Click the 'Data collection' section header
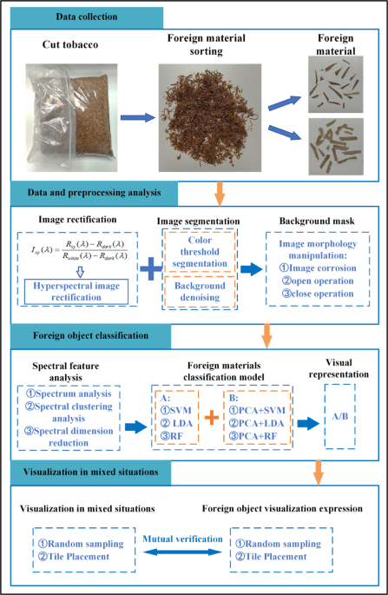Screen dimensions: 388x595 [87, 17]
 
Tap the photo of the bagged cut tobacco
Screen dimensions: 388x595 [71, 118]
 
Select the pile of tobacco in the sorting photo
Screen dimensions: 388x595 [210, 118]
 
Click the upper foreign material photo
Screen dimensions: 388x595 [335, 84]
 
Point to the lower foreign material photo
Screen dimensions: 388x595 [336, 147]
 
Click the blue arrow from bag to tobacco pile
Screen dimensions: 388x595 [138, 117]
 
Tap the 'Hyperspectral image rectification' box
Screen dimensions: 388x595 [76, 292]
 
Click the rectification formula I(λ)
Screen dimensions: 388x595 [79, 249]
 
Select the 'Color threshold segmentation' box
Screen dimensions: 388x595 [200, 252]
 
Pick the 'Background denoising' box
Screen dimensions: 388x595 [200, 292]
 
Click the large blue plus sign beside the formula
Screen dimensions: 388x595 [151, 268]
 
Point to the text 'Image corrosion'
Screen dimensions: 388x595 [322, 268]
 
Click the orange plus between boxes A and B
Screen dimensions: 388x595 [212, 418]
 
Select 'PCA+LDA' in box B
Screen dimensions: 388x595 [256, 423]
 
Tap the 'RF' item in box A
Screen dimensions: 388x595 [172, 436]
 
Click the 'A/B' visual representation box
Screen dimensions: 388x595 [340, 417]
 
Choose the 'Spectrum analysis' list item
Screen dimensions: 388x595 [69, 393]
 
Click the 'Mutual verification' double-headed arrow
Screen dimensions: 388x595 [182, 552]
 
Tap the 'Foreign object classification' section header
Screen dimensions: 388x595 [90, 336]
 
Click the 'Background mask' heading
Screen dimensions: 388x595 [317, 221]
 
